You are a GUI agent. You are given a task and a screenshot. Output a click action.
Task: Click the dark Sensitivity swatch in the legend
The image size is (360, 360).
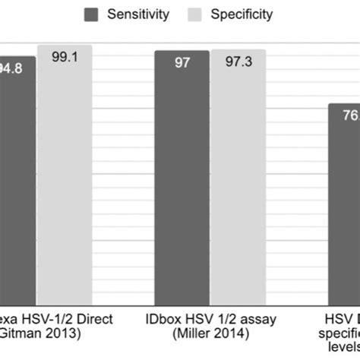93,14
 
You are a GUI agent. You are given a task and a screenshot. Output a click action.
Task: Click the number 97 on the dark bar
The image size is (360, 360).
182,63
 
